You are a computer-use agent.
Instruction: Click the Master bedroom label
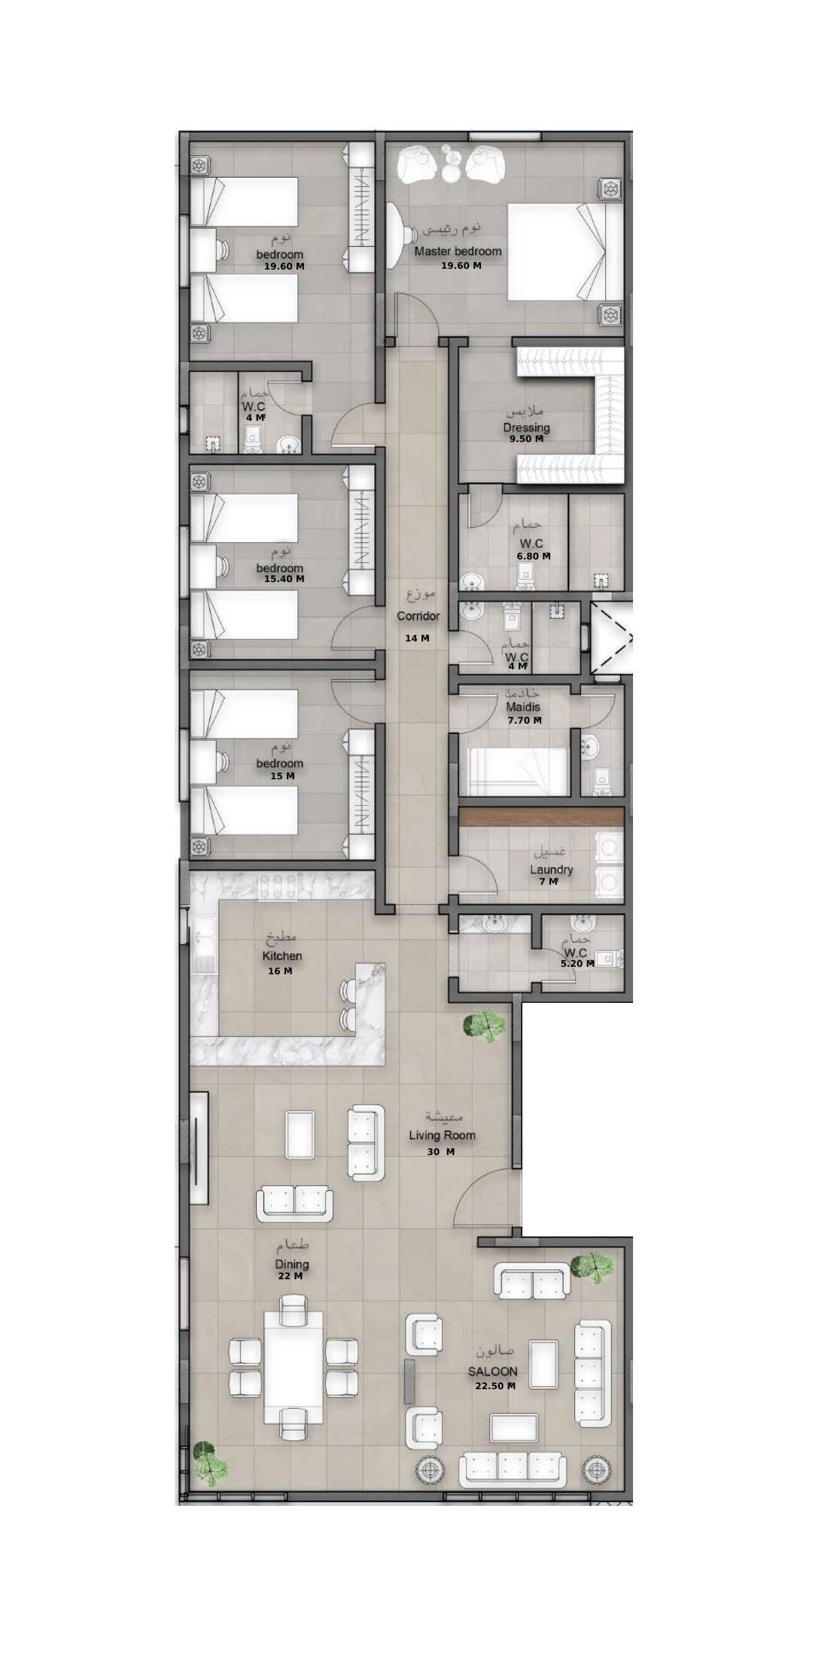[x=458, y=251]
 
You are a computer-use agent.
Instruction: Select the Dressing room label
[x=527, y=428]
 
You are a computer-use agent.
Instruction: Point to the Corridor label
[x=418, y=616]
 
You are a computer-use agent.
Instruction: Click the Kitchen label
[x=282, y=956]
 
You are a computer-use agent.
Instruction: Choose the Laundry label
[x=551, y=870]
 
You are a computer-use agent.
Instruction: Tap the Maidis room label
[x=523, y=708]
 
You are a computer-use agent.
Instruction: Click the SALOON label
[x=493, y=1372]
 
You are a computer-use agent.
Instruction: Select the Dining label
[x=291, y=1264]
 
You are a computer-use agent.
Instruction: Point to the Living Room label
[x=442, y=1135]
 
